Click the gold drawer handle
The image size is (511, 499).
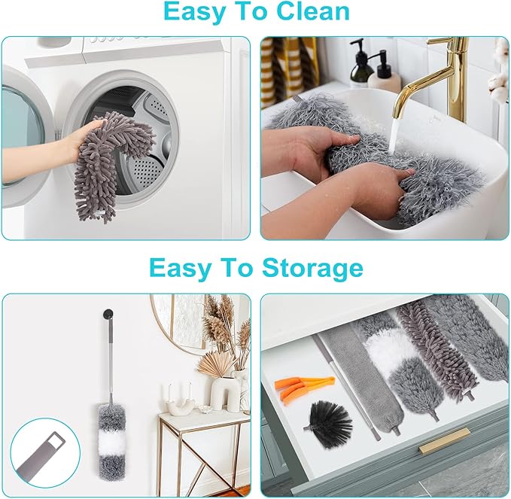(444, 440)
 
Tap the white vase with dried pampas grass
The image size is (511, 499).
(224, 391)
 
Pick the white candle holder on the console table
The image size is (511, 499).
(179, 403)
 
